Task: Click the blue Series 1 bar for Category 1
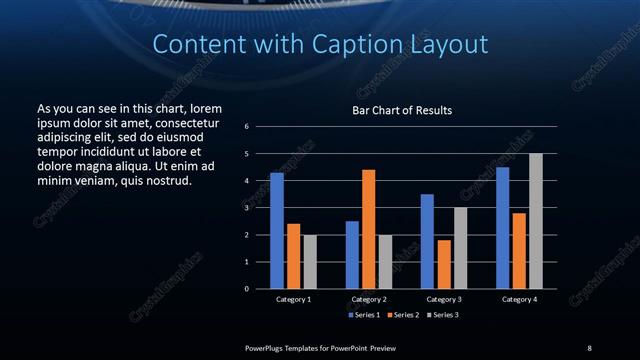coord(277,231)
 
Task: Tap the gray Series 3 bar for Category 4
coord(535,221)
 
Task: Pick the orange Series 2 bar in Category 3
coord(443,264)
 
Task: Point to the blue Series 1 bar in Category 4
coord(502,228)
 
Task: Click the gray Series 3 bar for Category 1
coord(310,262)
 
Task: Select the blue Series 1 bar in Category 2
coord(352,255)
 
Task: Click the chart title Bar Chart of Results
coord(402,110)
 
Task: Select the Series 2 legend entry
coord(402,315)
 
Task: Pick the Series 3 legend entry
coord(442,315)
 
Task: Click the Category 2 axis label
coord(369,299)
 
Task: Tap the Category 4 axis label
coord(519,299)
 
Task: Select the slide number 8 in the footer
coord(589,347)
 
